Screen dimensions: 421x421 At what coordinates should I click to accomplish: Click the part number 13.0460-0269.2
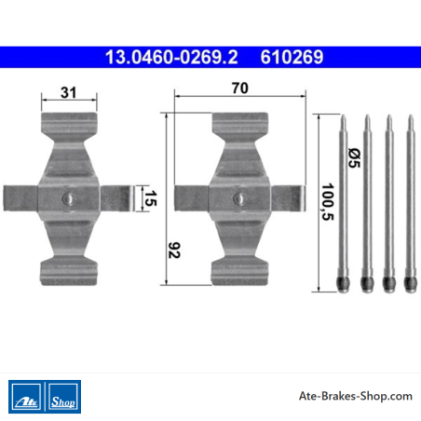171,57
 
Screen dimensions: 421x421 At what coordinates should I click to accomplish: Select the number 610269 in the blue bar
292,57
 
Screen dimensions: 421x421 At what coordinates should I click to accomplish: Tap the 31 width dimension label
68,92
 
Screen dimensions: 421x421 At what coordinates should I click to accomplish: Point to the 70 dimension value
240,88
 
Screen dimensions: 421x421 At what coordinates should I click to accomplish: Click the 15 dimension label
151,198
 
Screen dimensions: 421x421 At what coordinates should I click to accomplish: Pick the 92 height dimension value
174,251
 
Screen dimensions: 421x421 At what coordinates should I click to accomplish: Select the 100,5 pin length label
328,202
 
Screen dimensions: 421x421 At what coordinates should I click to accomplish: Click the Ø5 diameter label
354,158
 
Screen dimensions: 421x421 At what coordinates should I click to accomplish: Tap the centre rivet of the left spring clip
68,198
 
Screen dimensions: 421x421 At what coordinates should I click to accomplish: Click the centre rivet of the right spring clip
239,198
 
